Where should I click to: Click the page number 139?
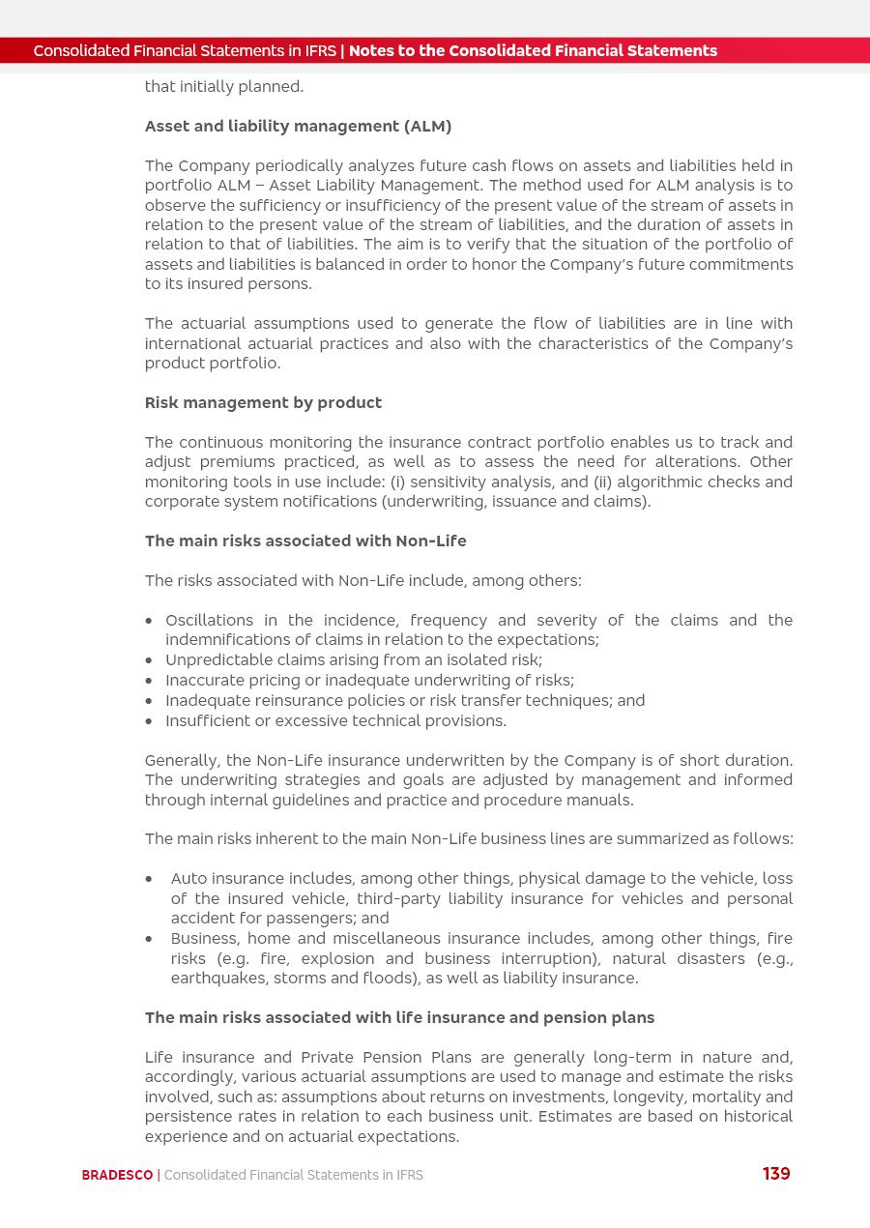click(776, 1174)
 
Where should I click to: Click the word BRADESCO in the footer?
click(117, 1176)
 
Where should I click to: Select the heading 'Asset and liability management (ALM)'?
click(298, 127)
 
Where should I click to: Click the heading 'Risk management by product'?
click(263, 403)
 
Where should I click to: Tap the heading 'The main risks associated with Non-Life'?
click(305, 541)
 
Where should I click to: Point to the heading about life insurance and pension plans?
click(399, 1018)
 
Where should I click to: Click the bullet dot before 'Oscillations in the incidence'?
click(149, 621)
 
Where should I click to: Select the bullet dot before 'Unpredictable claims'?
click(149, 661)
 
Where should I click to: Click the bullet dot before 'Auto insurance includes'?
click(149, 880)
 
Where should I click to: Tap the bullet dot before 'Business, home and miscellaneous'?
click(149, 939)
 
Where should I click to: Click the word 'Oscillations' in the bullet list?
click(209, 621)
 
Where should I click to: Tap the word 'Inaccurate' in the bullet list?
click(205, 681)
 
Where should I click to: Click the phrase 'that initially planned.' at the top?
click(224, 87)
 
